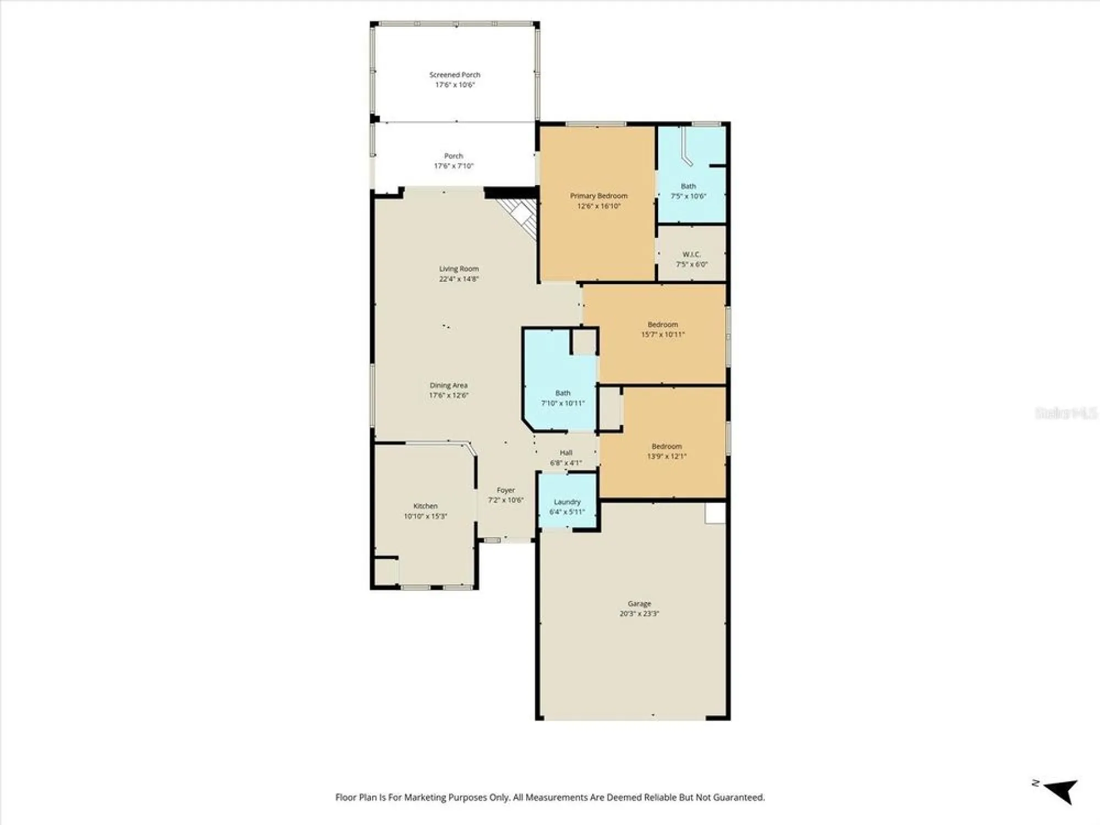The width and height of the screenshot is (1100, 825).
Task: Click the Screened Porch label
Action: pos(454,74)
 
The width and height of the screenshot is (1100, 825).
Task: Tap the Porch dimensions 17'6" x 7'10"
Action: pos(454,166)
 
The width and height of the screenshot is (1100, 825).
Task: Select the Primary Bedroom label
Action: pos(598,196)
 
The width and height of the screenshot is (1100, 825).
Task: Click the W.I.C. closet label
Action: pos(691,254)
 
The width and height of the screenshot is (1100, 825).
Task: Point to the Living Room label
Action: pos(459,269)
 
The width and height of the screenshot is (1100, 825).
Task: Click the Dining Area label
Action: pos(448,386)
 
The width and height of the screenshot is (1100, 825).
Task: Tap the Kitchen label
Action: pos(425,506)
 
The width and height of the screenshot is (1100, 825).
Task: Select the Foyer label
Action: pos(505,490)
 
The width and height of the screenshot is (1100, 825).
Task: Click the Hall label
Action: pos(566,453)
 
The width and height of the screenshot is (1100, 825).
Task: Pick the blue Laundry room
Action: pos(567,502)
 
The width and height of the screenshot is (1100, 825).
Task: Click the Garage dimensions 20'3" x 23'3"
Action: pos(639,614)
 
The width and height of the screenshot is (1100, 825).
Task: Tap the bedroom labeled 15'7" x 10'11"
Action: pos(662,329)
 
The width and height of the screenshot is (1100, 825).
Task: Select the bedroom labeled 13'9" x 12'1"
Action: pos(666,451)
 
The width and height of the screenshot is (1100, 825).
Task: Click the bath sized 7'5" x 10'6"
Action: pos(688,191)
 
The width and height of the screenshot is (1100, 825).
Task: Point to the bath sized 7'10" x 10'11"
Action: pos(562,398)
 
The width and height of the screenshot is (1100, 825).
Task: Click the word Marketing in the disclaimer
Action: pos(426,798)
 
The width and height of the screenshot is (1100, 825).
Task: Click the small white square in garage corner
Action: pos(715,513)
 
